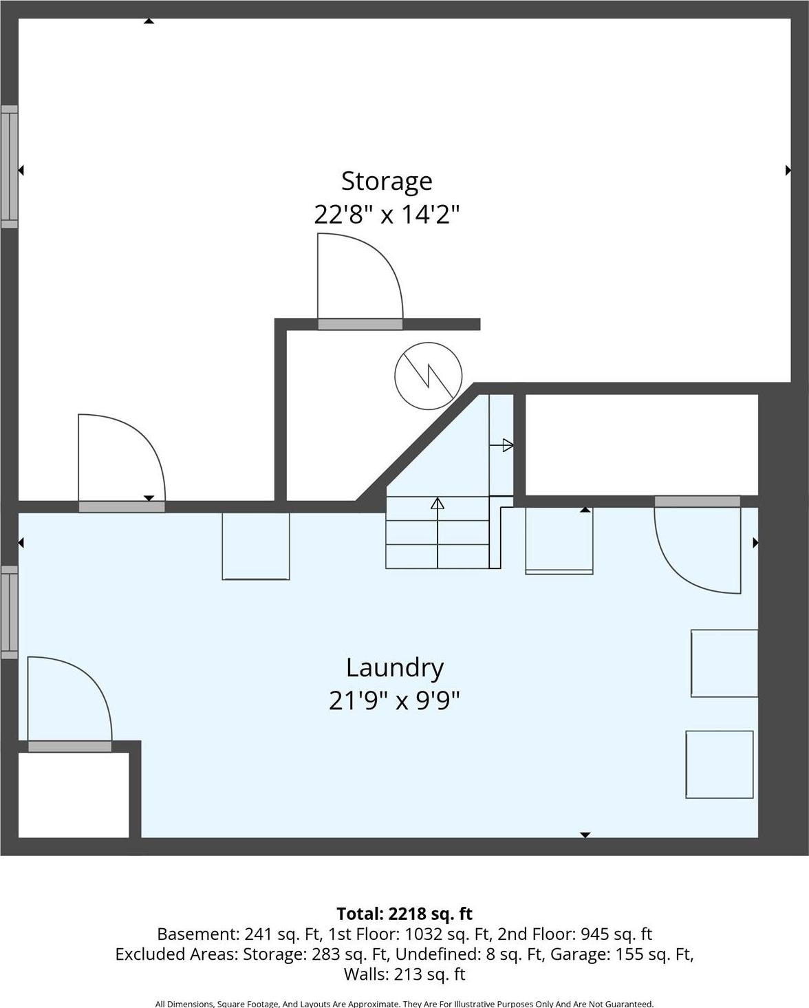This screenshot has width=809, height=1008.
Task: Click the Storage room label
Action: point(387,181)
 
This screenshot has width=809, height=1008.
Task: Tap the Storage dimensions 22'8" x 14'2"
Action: point(386,215)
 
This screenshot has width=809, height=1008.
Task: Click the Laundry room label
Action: point(394,667)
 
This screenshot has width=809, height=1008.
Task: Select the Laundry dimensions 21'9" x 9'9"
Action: point(394,700)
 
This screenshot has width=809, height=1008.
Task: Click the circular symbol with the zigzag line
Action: point(428,376)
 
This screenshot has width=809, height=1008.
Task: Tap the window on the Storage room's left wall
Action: point(9,167)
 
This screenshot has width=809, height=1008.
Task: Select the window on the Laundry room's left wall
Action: point(9,612)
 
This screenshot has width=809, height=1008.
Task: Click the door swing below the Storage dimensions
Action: point(359,279)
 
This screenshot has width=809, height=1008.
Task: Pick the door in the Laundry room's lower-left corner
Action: point(69,702)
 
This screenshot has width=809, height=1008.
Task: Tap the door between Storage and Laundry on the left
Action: point(121,460)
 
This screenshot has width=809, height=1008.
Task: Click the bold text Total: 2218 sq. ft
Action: point(404,914)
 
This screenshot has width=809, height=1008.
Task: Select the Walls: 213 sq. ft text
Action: point(404,974)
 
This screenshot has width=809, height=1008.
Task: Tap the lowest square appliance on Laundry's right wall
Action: point(720,764)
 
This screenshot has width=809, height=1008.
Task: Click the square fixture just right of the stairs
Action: point(559,540)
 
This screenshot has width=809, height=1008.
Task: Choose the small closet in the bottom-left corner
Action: point(73,795)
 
